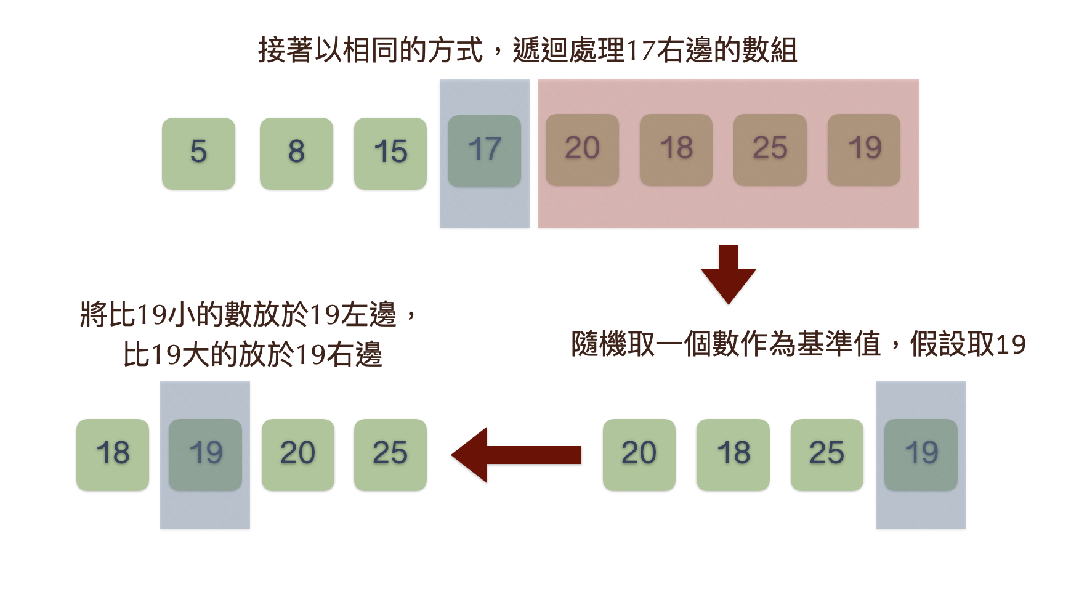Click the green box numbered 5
tap(198, 153)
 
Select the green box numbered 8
tap(296, 153)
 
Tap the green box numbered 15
tap(390, 153)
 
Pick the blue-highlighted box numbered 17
tap(484, 151)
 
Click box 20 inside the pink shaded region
tap(582, 150)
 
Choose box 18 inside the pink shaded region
tap(676, 150)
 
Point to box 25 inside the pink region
tap(770, 150)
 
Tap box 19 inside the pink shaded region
tap(864, 150)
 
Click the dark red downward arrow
tap(729, 274)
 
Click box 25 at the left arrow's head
tap(390, 455)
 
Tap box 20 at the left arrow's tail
tap(639, 455)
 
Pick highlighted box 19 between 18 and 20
tap(205, 455)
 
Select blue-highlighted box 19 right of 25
tap(921, 455)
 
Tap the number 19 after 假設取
tap(1011, 344)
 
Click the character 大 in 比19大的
tap(196, 355)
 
